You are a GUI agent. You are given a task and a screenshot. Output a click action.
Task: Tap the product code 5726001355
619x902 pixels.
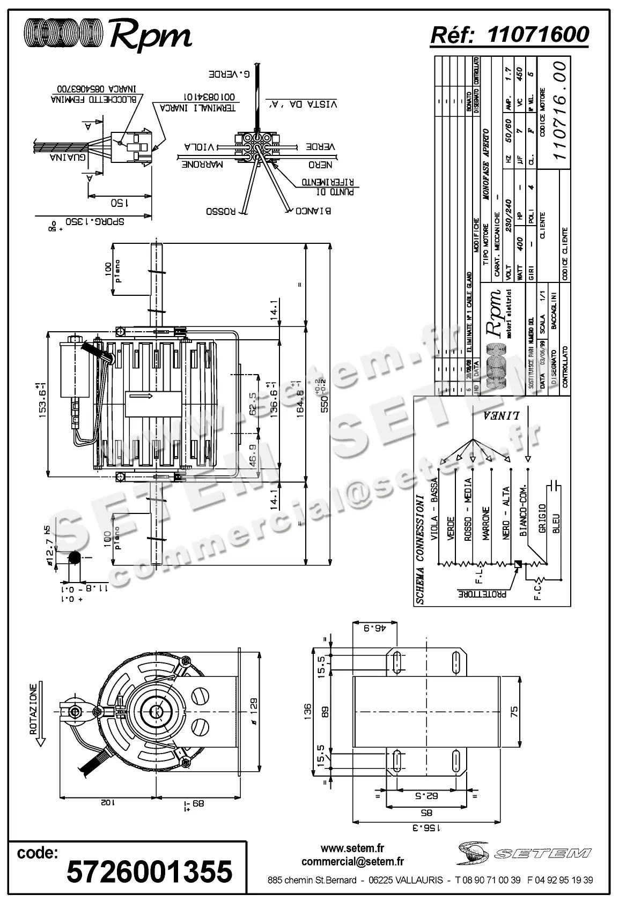(149, 870)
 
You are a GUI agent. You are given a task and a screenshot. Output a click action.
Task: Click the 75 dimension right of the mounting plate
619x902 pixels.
(514, 711)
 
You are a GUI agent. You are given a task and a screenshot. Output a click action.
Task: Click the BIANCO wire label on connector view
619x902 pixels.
(313, 211)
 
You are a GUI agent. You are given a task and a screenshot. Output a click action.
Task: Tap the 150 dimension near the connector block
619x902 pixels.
(119, 203)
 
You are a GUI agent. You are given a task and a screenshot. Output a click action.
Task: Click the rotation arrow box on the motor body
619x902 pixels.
(153, 404)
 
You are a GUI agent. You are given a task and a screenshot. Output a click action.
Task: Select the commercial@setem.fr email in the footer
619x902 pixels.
(352, 861)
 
